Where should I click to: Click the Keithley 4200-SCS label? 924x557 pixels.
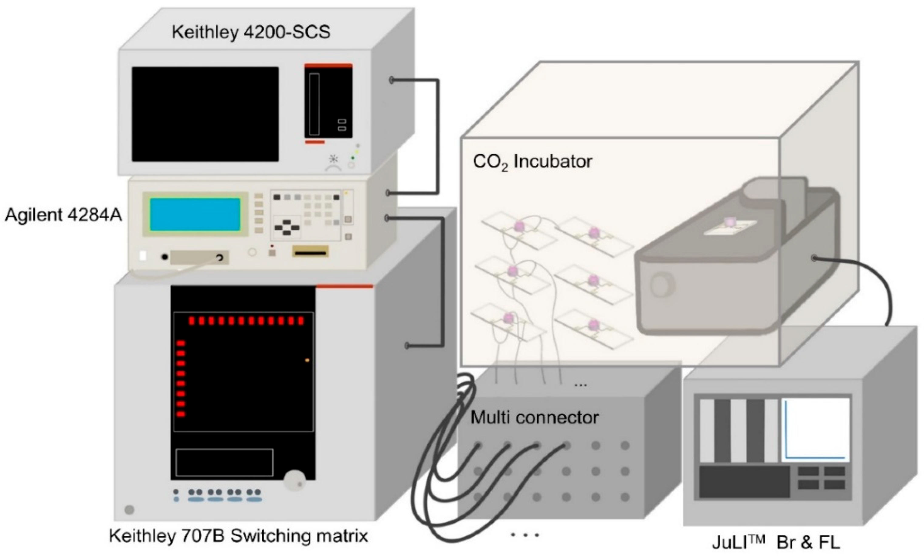click(x=251, y=32)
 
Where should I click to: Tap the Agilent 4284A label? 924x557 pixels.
click(x=63, y=215)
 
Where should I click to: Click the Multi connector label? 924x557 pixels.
click(x=534, y=418)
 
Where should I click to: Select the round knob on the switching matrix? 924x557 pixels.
click(x=294, y=480)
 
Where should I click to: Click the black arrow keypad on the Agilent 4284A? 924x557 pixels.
click(x=287, y=227)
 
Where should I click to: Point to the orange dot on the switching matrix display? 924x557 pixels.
click(x=307, y=361)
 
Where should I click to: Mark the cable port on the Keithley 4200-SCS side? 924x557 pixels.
click(x=392, y=80)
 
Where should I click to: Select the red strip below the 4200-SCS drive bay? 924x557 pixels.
click(x=315, y=142)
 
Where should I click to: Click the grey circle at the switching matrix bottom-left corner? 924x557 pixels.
click(x=129, y=510)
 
